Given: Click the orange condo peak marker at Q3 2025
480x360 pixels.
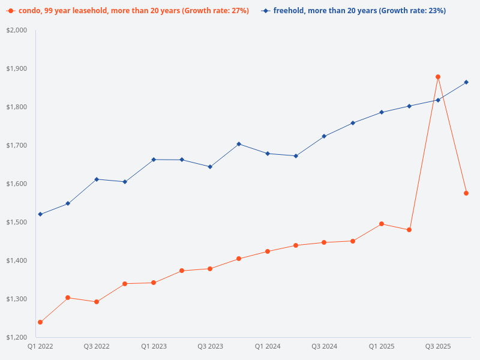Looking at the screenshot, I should pyautogui.click(x=438, y=77).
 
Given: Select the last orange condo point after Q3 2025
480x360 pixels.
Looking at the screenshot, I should pyautogui.click(x=466, y=193).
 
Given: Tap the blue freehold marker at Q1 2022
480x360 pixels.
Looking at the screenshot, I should pyautogui.click(x=40, y=214).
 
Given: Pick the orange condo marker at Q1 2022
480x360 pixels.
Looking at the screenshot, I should pyautogui.click(x=40, y=322).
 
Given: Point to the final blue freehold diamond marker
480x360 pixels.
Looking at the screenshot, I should pyautogui.click(x=466, y=82).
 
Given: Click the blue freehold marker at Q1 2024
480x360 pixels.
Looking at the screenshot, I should pyautogui.click(x=268, y=154).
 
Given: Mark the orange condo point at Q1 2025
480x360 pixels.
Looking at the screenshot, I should pyautogui.click(x=382, y=224).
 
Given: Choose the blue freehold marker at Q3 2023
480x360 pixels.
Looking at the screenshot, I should pyautogui.click(x=210, y=167).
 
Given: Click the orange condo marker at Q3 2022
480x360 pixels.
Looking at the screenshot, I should pyautogui.click(x=97, y=302).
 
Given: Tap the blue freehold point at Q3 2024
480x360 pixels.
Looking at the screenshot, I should pyautogui.click(x=324, y=136).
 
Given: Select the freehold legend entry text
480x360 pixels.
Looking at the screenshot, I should pyautogui.click(x=359, y=11).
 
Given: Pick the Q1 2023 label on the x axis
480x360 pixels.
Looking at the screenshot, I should pyautogui.click(x=154, y=346).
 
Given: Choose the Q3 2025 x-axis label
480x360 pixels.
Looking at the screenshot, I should pyautogui.click(x=438, y=346).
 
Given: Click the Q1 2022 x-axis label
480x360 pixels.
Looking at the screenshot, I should pyautogui.click(x=40, y=346).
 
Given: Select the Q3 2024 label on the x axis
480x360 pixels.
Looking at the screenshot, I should pyautogui.click(x=324, y=346).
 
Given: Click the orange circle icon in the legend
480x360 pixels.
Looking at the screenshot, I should pyautogui.click(x=10, y=11).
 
